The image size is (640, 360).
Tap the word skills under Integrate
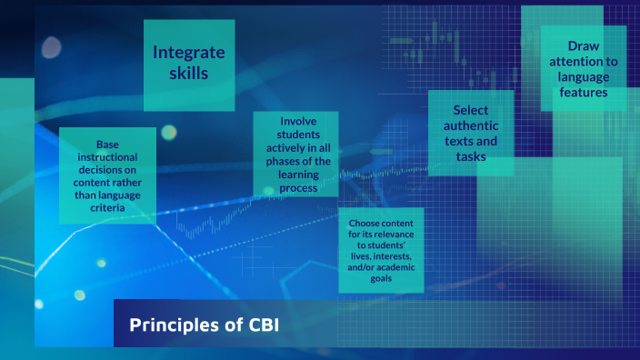(189, 73)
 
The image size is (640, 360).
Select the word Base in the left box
(105, 145)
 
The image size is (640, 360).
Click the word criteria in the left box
(106, 208)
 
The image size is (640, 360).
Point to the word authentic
(470, 126)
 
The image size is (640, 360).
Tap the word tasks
(470, 157)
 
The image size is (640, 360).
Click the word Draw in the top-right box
(583, 45)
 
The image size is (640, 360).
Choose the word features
(583, 92)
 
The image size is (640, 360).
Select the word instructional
(105, 157)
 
